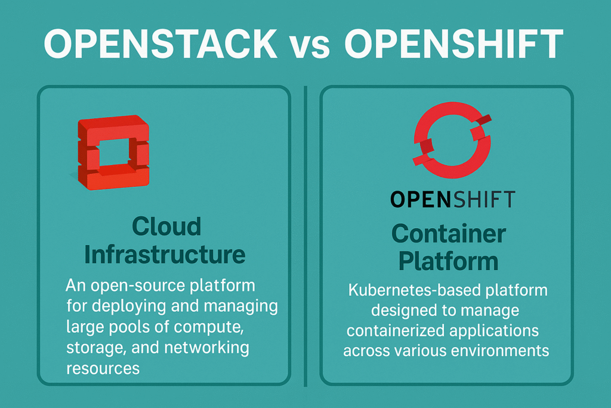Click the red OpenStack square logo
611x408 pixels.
point(113,152)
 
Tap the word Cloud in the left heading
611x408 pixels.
point(166,227)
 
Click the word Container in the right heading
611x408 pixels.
point(449,234)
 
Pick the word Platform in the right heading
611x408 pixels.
point(448,260)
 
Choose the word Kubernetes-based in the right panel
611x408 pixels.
point(400,292)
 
